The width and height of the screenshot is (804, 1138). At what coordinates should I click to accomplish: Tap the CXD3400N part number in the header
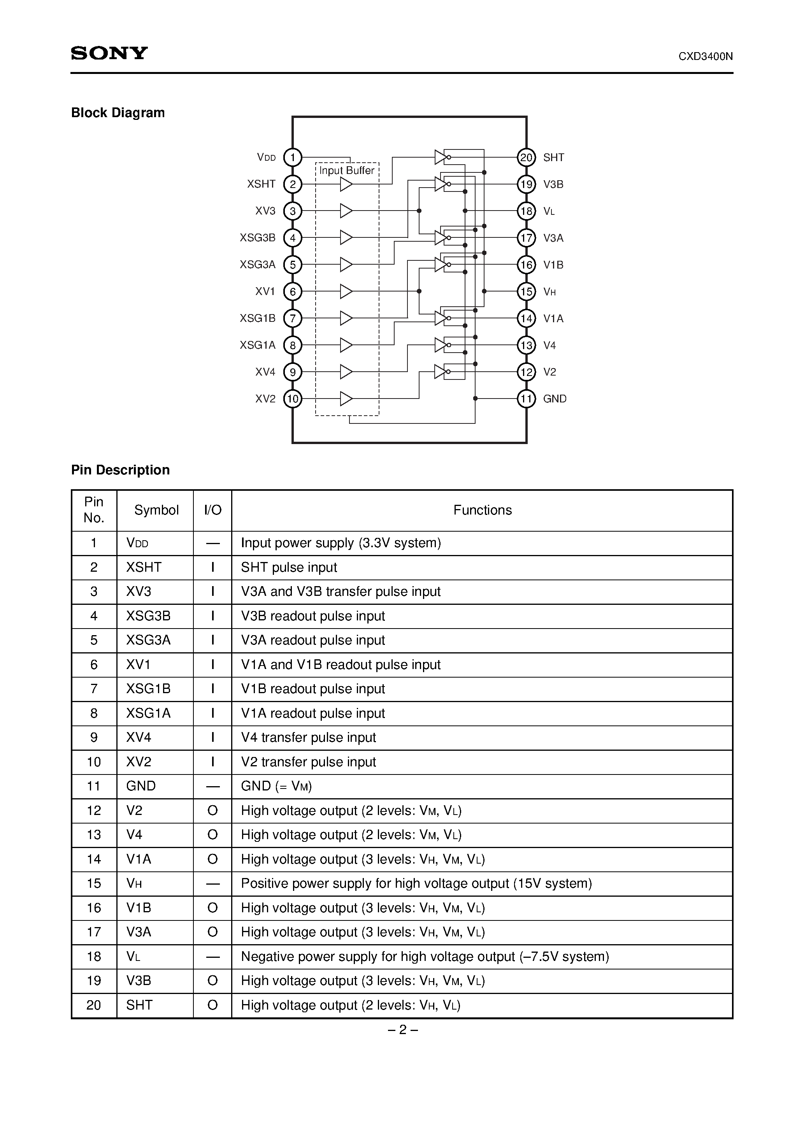(706, 56)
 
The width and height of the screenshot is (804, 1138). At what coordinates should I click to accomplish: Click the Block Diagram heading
(118, 113)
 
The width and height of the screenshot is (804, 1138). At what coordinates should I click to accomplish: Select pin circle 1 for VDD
(293, 158)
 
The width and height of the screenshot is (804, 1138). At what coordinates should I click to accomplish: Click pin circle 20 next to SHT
(526, 158)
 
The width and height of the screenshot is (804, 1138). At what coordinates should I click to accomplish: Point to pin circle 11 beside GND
(526, 399)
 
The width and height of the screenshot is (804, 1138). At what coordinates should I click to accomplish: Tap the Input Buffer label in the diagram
(346, 170)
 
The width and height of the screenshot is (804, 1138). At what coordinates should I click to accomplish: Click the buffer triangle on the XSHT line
(346, 184)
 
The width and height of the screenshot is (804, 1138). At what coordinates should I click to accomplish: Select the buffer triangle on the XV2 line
(346, 399)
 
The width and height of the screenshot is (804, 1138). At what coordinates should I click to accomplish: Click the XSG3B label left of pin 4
(258, 238)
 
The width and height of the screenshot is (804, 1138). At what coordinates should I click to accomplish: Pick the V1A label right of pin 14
(553, 318)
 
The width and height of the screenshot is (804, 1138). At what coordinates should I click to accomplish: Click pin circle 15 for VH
(526, 292)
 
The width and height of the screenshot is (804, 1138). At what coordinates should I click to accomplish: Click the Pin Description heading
(121, 470)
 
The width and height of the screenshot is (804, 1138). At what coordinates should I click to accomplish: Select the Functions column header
(482, 510)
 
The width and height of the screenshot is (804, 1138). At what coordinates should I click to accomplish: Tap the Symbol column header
(156, 510)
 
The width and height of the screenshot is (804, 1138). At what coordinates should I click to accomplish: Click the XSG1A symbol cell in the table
(148, 713)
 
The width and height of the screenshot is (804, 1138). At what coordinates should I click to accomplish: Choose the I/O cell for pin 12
(212, 810)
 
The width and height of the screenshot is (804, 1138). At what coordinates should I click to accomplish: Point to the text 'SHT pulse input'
(289, 567)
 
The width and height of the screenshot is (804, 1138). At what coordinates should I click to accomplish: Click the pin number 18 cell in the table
(94, 956)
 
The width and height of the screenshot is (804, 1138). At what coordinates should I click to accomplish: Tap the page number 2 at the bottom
(402, 1030)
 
